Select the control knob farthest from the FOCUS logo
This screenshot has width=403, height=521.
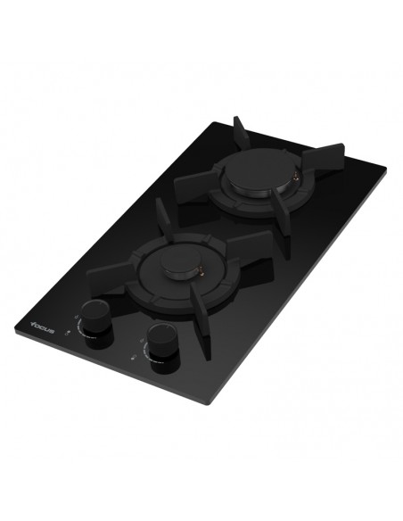(x=161, y=342)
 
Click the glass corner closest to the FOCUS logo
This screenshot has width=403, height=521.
(x=15, y=335)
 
